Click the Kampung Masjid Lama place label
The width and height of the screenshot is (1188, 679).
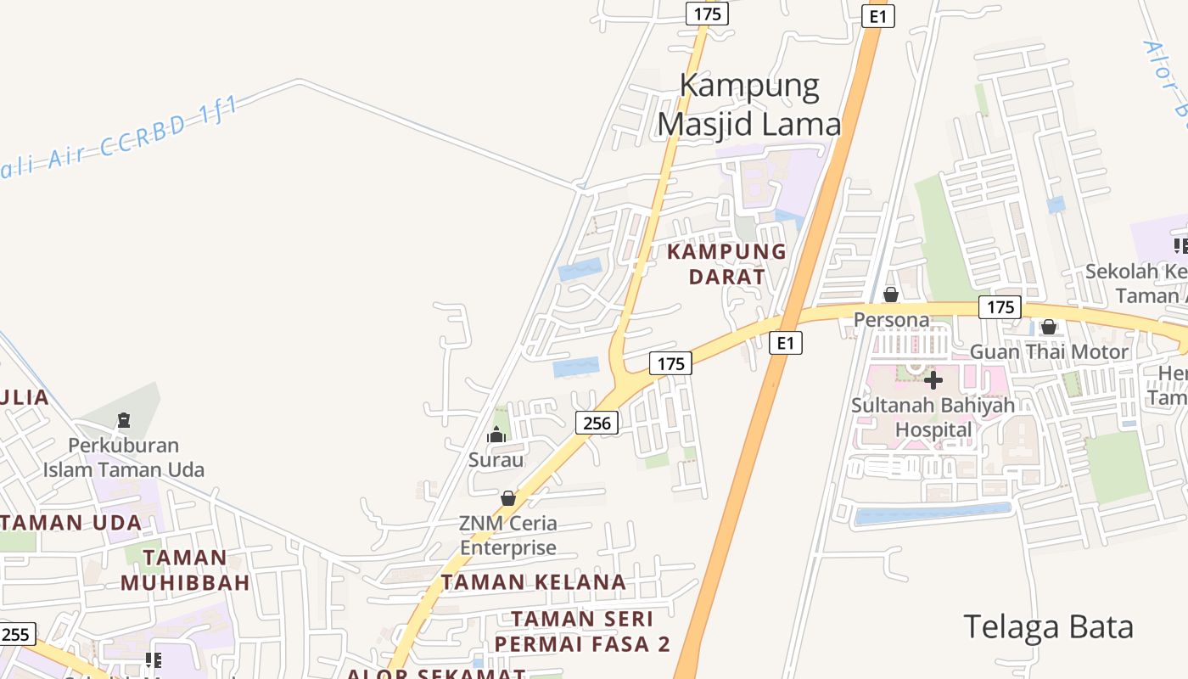[748, 104]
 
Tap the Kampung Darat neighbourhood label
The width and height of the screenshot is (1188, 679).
[726, 264]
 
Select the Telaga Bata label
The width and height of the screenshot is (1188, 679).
[1048, 627]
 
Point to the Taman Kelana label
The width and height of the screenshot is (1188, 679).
[534, 582]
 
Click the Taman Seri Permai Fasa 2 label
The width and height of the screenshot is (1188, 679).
[582, 631]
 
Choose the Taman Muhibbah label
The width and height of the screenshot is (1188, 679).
[185, 570]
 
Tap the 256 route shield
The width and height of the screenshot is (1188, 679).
[597, 422]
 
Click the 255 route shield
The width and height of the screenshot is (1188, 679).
[16, 634]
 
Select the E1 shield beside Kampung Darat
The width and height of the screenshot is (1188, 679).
[786, 343]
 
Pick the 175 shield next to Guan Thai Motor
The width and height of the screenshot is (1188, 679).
[1000, 307]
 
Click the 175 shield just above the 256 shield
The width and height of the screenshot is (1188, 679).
[670, 363]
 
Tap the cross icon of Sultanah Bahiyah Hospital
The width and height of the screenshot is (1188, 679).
[933, 379]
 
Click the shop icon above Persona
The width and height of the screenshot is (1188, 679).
[891, 295]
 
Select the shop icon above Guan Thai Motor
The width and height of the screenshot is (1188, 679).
[1049, 327]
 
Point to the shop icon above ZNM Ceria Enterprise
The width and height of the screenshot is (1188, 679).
[507, 498]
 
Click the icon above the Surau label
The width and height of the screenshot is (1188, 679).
[496, 435]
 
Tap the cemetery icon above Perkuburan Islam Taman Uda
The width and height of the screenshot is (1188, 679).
[124, 420]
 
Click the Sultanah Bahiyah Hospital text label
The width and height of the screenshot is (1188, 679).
[933, 417]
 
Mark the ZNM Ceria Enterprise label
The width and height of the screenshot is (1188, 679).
[508, 535]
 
